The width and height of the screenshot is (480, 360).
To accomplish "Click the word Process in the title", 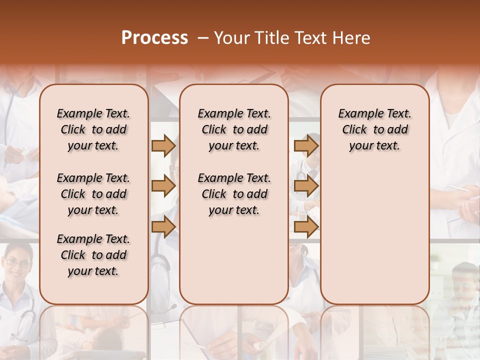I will tap(154, 38).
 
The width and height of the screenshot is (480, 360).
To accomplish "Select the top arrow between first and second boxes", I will tap(163, 145).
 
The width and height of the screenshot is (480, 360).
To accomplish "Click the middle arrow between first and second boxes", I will tap(163, 186).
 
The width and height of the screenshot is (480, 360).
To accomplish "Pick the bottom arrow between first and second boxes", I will tap(163, 227).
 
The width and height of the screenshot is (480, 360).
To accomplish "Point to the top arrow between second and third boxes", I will tap(306, 145).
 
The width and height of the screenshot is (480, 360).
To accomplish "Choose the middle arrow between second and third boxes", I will tap(306, 186).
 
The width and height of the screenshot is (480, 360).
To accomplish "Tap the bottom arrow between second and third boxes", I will tap(306, 227).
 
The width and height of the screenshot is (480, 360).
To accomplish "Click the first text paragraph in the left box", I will tap(93, 129).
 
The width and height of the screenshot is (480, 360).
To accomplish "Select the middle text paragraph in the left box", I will tap(93, 194).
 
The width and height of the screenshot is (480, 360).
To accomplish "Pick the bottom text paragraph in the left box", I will tap(93, 255).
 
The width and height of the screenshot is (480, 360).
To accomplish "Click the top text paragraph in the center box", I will tap(234, 129).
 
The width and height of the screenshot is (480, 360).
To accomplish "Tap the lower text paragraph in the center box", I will tap(234, 194).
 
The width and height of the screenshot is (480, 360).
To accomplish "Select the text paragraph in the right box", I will tap(375, 129).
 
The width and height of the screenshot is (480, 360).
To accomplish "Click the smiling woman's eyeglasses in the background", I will tap(18, 263).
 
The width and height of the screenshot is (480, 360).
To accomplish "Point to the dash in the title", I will tap(202, 38).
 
